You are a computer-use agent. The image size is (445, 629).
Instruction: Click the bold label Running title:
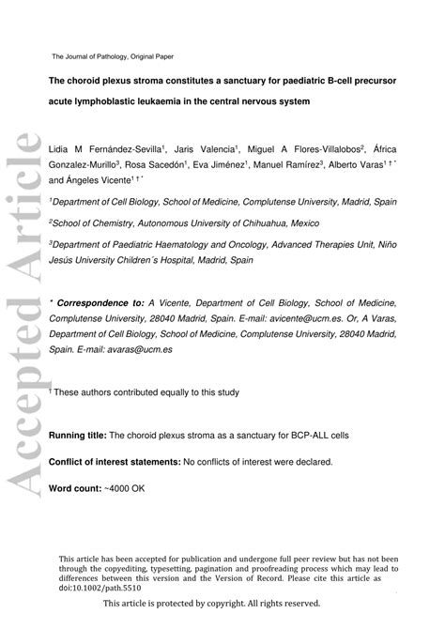coord(77,436)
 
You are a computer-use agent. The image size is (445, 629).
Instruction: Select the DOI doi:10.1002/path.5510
coord(109,588)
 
